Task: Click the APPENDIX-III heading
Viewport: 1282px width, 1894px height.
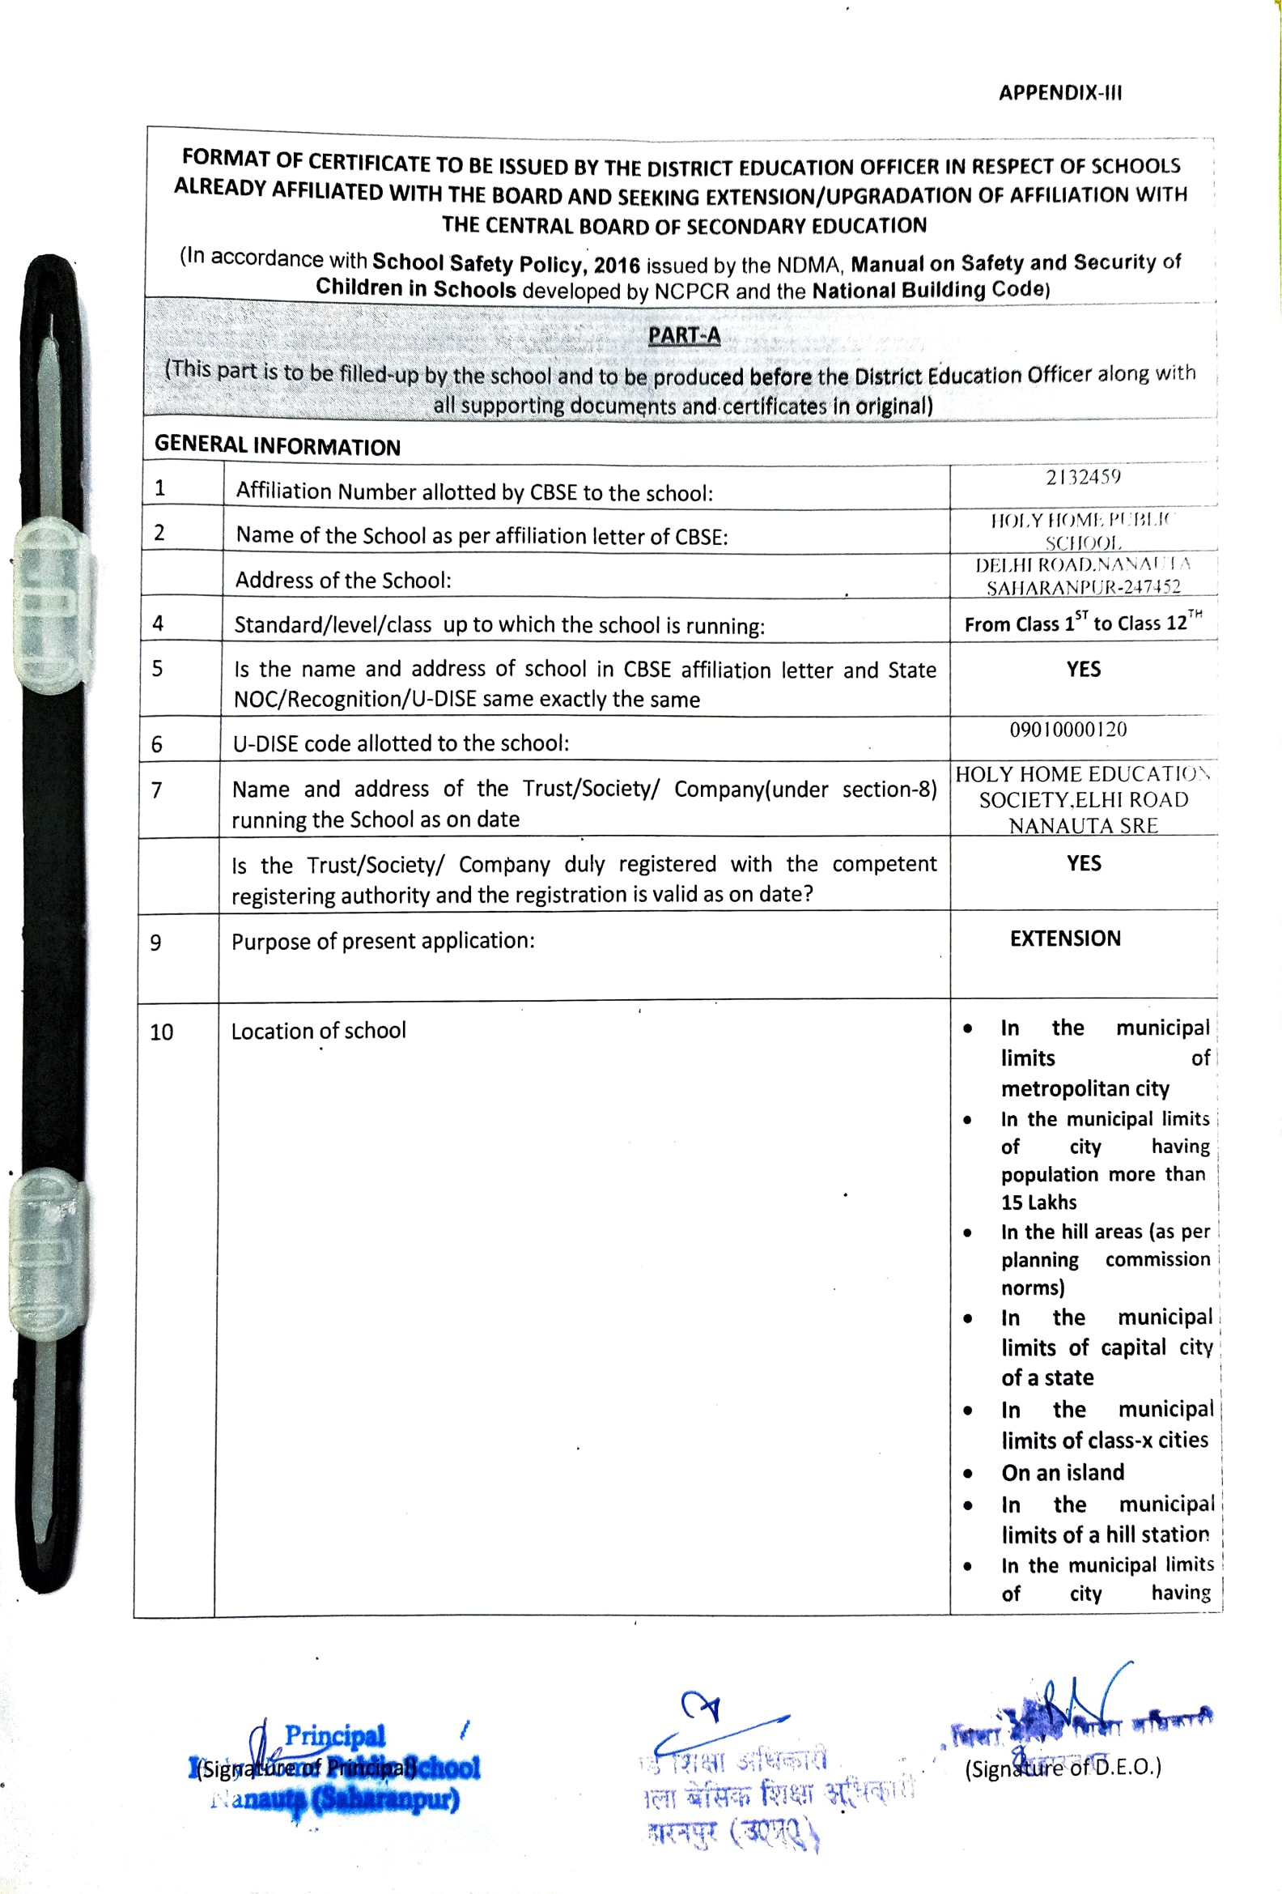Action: [1059, 93]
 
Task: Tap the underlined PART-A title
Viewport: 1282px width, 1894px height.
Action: [683, 335]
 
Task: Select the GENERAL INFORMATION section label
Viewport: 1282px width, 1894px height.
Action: [277, 445]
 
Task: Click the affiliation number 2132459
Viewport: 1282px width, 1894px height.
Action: [1082, 477]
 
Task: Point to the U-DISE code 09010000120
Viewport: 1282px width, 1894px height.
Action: [1068, 730]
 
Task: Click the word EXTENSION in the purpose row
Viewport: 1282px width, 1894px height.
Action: [1064, 938]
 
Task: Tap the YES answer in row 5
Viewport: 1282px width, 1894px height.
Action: [1083, 669]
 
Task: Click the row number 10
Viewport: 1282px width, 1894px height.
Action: [161, 1032]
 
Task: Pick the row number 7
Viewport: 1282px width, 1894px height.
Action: [156, 790]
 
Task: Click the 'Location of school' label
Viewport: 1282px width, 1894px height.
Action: [318, 1031]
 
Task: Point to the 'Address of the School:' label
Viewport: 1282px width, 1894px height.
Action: [343, 581]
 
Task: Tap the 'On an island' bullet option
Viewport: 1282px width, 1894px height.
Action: [1062, 1473]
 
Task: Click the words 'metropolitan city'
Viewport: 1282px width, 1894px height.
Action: [1085, 1089]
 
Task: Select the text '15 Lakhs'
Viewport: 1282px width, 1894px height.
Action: [1038, 1202]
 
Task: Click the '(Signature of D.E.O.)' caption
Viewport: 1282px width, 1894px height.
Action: [1062, 1768]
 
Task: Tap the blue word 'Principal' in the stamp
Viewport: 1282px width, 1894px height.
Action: [334, 1735]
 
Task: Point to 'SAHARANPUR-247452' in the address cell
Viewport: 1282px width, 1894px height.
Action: [1082, 587]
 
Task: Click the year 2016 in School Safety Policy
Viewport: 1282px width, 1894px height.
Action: [617, 265]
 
